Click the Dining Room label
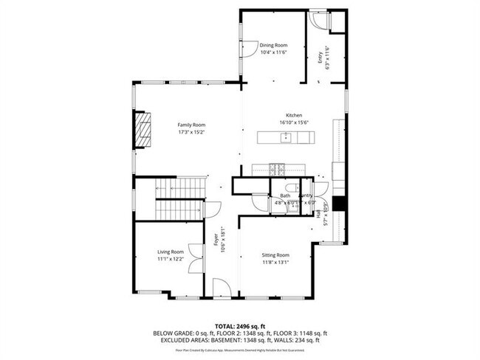[x=272, y=46]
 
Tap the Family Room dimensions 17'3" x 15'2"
[x=191, y=134]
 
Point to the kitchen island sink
[x=284, y=137]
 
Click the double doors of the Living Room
[x=195, y=260]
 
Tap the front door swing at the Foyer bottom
[x=222, y=288]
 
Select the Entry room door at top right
[x=320, y=21]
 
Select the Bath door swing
[x=260, y=203]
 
